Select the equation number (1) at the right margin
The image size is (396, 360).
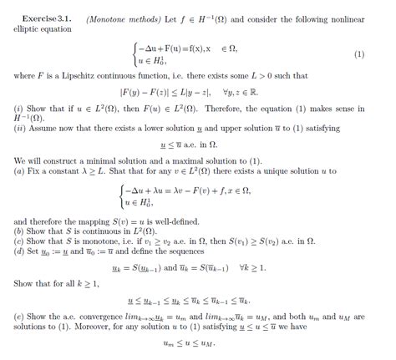pyautogui.click(x=359, y=54)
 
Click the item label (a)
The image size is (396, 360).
pyautogui.click(x=19, y=171)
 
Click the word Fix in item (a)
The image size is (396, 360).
pyautogui.click(x=36, y=171)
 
